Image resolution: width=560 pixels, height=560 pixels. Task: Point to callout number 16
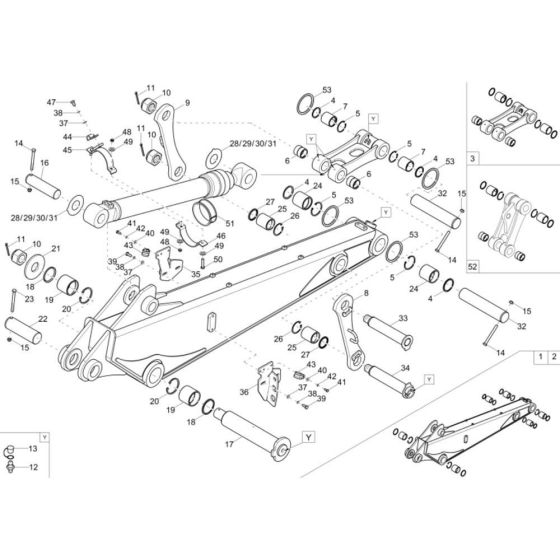coord(44,162)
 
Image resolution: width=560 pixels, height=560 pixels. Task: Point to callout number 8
coord(365,292)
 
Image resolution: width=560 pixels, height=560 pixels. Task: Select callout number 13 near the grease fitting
coord(33,450)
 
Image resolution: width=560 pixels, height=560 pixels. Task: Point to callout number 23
coord(29,299)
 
